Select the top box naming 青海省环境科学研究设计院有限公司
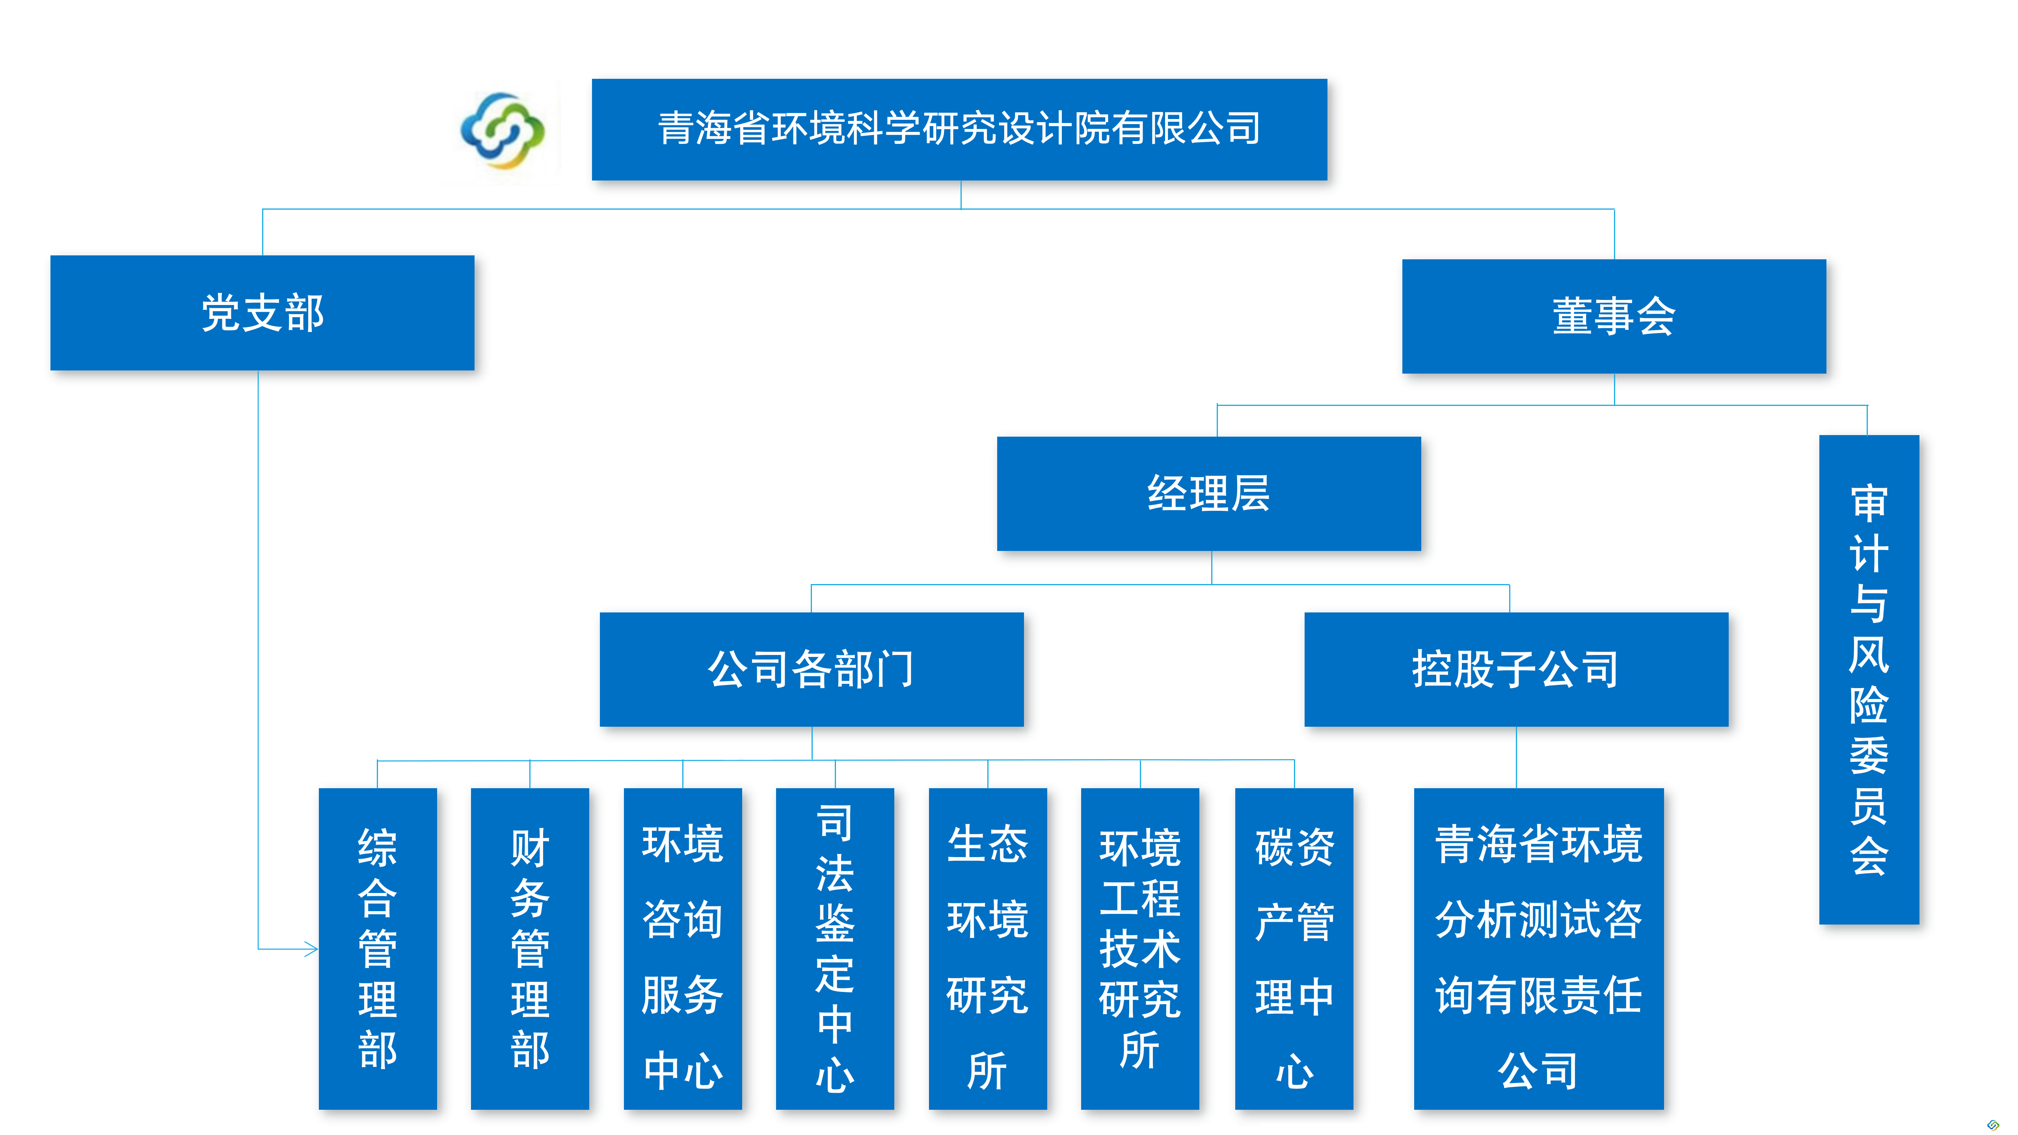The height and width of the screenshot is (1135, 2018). tap(959, 129)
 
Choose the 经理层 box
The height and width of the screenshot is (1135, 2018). tap(1208, 493)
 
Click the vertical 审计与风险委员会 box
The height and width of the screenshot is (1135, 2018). tap(1868, 679)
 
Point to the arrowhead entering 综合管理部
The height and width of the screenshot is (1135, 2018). tap(312, 949)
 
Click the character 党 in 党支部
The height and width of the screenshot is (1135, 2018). tap(220, 313)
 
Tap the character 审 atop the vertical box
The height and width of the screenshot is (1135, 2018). tap(1868, 504)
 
